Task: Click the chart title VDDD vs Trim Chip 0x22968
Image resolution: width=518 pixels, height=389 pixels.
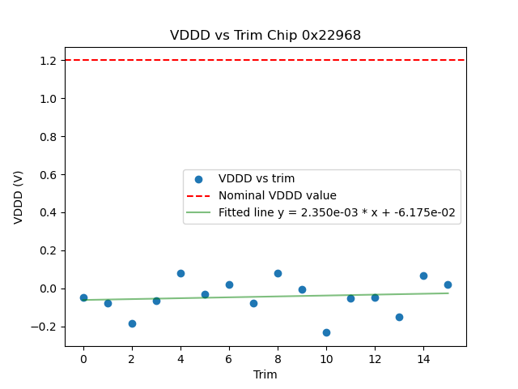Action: point(265,36)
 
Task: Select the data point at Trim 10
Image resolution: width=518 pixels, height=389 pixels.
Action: point(326,332)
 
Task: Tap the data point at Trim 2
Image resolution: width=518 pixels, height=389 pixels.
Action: point(132,323)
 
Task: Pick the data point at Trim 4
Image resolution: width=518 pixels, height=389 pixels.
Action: point(180,273)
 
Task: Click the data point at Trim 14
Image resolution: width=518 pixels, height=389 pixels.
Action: point(423,276)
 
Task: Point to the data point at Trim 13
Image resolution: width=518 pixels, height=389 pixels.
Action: point(399,317)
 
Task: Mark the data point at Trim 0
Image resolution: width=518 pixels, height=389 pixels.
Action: point(83,297)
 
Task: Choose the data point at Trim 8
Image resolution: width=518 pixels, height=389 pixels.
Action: point(278,273)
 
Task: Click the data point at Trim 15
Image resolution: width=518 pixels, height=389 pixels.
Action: point(448,284)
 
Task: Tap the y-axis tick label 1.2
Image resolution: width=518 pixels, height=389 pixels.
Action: point(47,61)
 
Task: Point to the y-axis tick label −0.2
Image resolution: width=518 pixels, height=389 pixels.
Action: point(44,327)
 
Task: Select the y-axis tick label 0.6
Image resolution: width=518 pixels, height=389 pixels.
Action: point(47,175)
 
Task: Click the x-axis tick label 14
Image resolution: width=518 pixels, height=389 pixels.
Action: point(423,359)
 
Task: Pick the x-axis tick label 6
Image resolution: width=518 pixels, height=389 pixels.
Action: point(229,359)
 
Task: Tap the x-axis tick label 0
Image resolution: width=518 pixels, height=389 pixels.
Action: point(83,359)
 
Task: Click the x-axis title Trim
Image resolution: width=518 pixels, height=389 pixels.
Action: point(265,374)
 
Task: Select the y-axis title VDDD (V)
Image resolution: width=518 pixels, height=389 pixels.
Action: point(19,197)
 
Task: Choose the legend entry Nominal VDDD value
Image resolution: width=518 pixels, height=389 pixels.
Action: point(277,195)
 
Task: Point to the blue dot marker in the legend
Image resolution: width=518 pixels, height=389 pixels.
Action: point(198,179)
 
